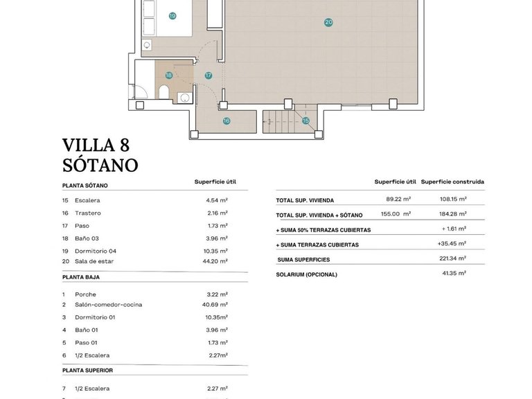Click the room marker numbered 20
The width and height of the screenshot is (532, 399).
pos(328,22)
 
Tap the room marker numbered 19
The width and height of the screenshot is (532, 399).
pos(171,15)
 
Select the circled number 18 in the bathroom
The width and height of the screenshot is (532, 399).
pos(168,76)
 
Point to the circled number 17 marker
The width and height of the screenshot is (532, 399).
pos(208,76)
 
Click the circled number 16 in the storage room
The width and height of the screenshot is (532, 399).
pos(227,121)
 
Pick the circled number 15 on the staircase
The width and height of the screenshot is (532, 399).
pos(305,121)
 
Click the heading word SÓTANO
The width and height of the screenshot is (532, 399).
pos(100,165)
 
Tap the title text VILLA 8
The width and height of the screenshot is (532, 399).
pos(96,145)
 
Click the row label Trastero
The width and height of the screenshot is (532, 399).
pos(88,213)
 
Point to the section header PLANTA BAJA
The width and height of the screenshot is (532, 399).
pos(81,276)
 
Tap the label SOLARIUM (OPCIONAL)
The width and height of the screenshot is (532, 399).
pos(306,274)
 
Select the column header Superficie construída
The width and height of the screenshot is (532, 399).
pos(452,182)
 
